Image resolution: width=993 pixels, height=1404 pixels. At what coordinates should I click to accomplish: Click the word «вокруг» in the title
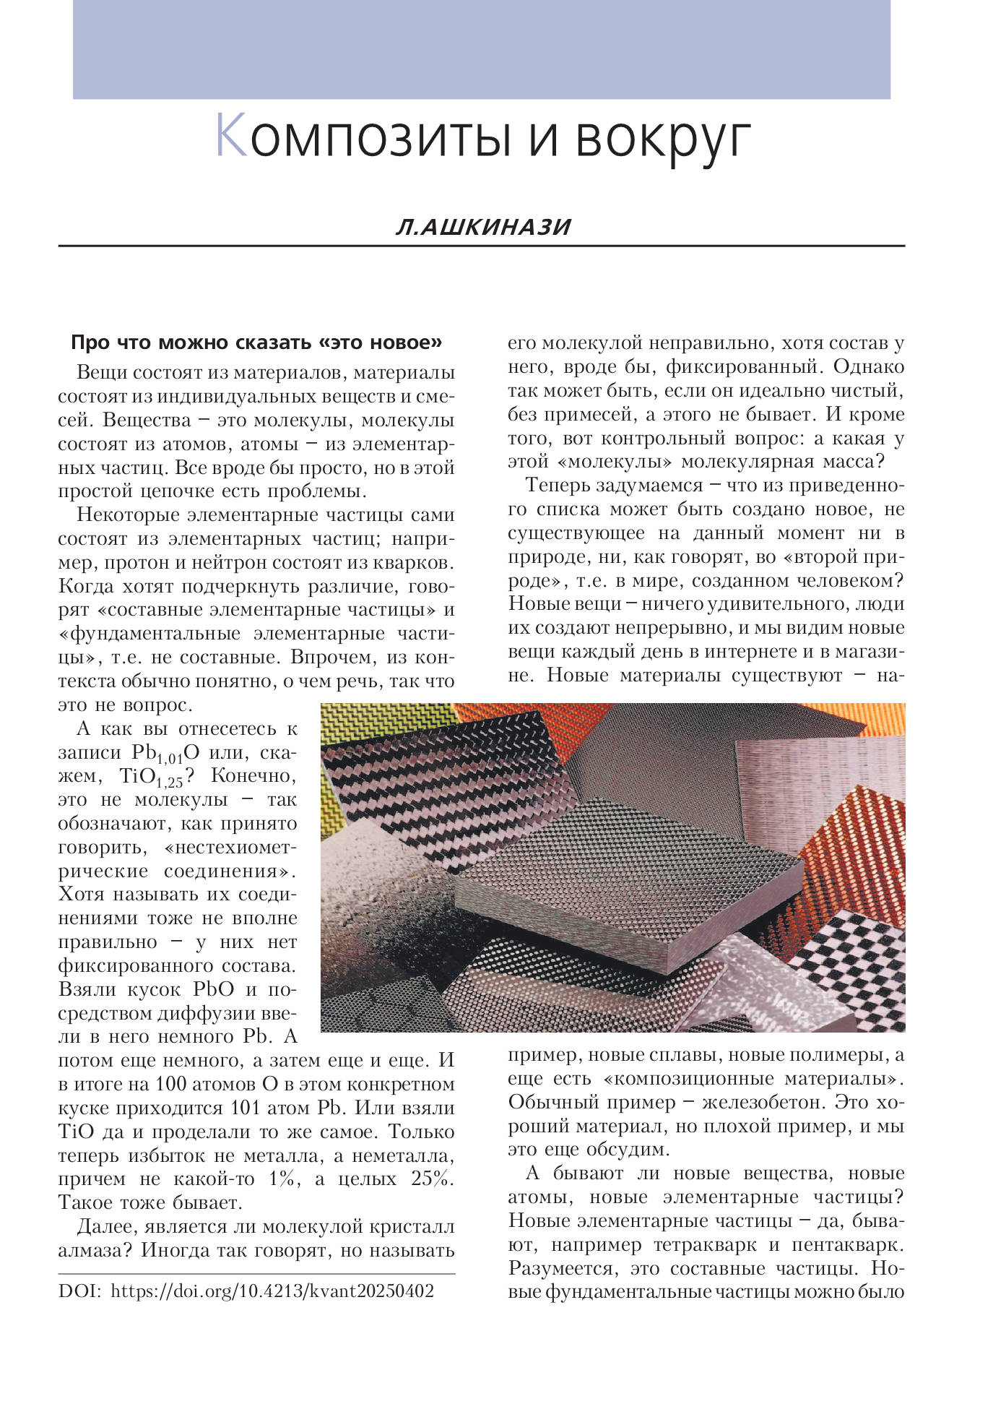pyautogui.click(x=663, y=139)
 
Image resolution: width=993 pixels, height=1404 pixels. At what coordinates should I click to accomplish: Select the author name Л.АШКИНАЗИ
pyautogui.click(x=483, y=227)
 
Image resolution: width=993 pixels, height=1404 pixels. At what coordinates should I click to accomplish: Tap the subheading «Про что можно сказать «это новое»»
pyautogui.click(x=256, y=343)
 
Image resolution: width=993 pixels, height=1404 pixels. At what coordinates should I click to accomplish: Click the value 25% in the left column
pyautogui.click(x=431, y=1179)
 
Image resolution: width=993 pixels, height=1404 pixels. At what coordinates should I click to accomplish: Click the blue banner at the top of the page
pyautogui.click(x=482, y=49)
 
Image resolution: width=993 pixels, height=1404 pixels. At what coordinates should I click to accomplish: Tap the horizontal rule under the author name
pyautogui.click(x=482, y=246)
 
